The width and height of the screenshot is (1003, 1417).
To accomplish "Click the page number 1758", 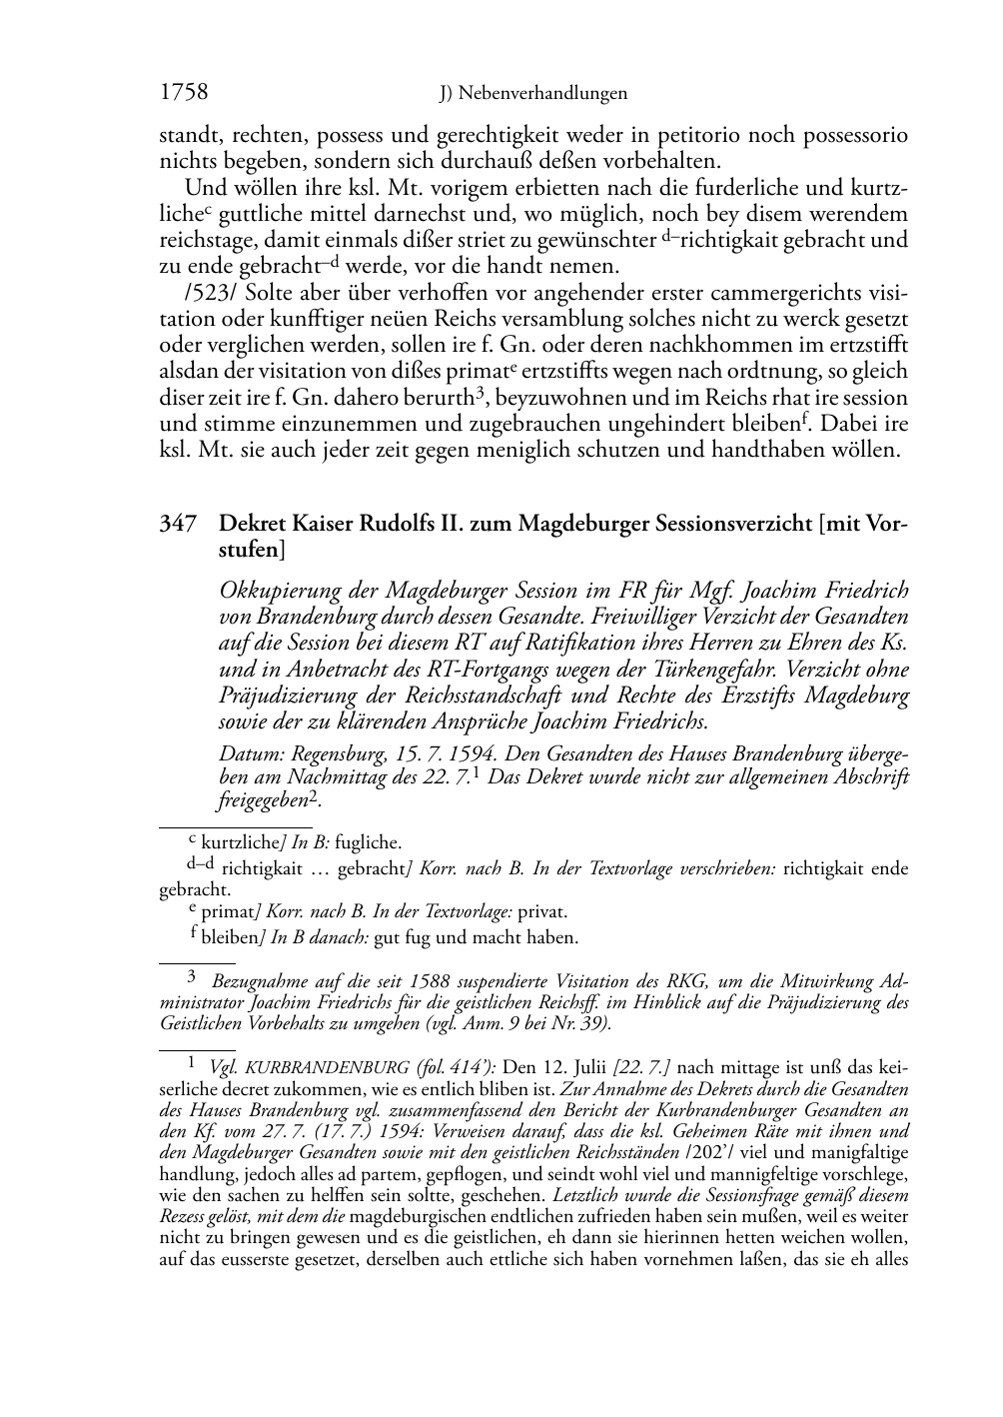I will (x=184, y=93).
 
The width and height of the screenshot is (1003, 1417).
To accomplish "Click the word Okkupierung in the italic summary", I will (x=271, y=591).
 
